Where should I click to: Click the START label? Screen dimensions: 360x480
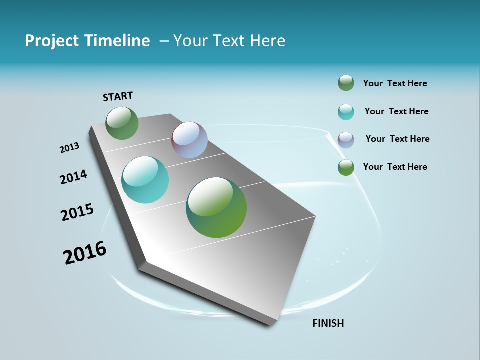click(x=118, y=96)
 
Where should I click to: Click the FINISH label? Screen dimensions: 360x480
click(x=328, y=323)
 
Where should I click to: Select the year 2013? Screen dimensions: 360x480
click(x=70, y=148)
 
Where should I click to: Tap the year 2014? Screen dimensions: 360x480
click(x=74, y=177)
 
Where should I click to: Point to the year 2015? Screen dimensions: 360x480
click(x=77, y=212)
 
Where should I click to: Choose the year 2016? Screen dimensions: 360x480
click(x=85, y=253)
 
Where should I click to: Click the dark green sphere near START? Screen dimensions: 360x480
click(x=122, y=123)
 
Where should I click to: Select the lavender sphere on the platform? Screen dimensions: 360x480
click(x=189, y=140)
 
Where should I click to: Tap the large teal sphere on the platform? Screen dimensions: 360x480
click(x=145, y=180)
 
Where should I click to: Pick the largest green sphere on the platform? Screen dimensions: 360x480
click(x=216, y=207)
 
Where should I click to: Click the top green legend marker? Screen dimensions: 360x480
click(x=346, y=83)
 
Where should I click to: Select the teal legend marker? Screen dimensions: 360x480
click(x=346, y=112)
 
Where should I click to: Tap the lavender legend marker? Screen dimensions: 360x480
click(x=346, y=139)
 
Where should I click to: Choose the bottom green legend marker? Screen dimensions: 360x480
click(x=346, y=167)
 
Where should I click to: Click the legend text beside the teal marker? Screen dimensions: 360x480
click(x=396, y=111)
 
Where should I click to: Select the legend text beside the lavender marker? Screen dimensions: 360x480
click(x=397, y=139)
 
